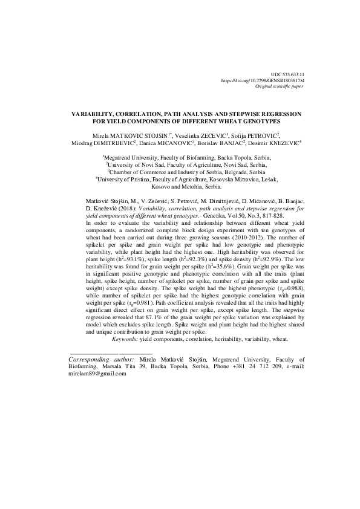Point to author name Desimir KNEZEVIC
(246, 143)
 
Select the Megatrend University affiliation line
(180, 156)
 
